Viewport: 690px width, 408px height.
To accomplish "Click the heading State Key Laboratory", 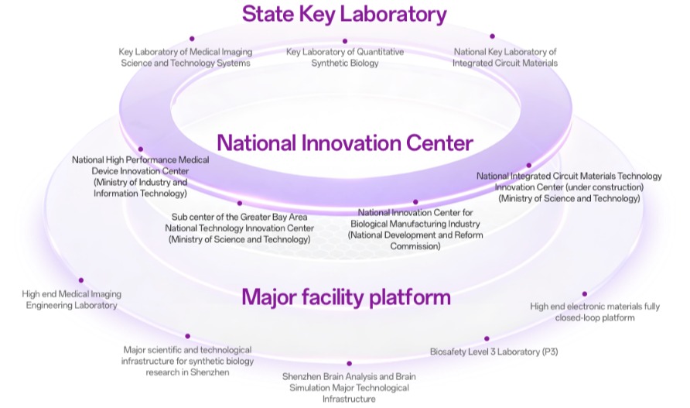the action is tap(344, 14).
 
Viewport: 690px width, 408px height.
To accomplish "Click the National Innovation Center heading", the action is tap(344, 143).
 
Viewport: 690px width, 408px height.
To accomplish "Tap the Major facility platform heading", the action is tap(346, 297).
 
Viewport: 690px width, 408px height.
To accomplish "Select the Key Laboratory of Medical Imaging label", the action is tap(185, 57).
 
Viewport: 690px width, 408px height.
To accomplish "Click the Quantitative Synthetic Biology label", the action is tap(345, 57).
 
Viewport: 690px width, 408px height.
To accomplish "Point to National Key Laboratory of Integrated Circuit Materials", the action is tap(505, 57).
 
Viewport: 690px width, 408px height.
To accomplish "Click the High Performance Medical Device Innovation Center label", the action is tap(140, 177).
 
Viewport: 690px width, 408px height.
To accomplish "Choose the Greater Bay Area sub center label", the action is tap(239, 228).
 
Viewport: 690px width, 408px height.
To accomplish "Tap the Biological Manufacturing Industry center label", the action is tap(415, 229).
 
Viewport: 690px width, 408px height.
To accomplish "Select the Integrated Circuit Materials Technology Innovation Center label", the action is tap(569, 187).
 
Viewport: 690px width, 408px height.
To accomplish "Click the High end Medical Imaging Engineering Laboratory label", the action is tap(71, 300).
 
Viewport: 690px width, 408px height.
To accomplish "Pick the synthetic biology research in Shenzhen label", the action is tap(187, 361).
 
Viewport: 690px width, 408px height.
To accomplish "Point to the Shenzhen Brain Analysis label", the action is tap(349, 388).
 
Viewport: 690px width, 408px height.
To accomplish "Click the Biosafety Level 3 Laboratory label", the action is tap(494, 351).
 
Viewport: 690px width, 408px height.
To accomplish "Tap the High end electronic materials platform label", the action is tap(595, 312).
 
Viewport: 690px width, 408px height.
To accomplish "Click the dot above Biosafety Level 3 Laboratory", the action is tap(487, 338).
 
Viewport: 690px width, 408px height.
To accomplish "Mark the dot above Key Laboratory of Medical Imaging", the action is tap(192, 39).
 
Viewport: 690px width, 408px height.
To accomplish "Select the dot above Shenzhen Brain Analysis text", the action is tap(349, 364).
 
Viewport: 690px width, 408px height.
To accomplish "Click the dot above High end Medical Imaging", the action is tap(81, 280).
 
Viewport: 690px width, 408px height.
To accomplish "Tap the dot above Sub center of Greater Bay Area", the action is tap(239, 203).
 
